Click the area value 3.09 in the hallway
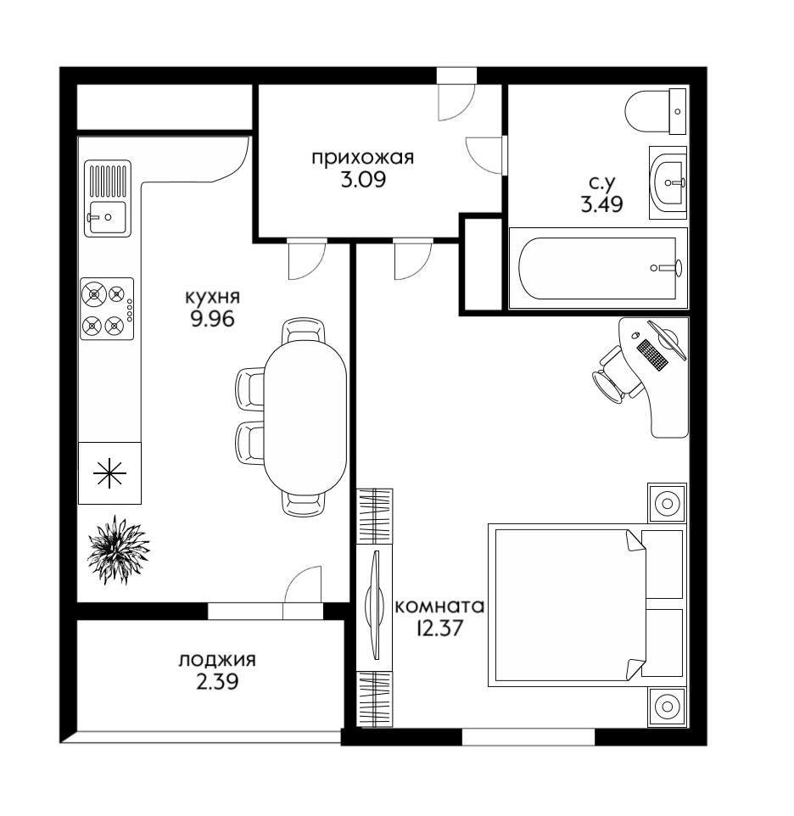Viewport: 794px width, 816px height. tap(363, 180)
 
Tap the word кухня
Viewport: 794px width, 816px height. tap(212, 297)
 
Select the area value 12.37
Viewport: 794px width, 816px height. tap(439, 629)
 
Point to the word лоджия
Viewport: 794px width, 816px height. tap(217, 660)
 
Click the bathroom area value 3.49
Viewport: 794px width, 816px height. tap(601, 204)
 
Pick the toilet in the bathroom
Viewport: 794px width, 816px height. tap(656, 111)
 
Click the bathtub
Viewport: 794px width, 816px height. tap(598, 268)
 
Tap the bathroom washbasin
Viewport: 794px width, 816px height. tap(668, 182)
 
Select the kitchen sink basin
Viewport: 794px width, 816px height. tap(107, 217)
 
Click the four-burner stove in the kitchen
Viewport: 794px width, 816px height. tap(107, 309)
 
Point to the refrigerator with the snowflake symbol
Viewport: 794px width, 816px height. tap(109, 473)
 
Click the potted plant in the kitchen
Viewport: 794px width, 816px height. tap(118, 549)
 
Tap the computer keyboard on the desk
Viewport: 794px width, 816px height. tap(652, 355)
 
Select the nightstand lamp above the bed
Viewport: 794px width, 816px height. tap(667, 503)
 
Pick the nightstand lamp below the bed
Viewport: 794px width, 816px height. tap(667, 707)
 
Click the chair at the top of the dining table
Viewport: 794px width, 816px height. tap(304, 329)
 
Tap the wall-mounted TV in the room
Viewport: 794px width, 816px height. tap(374, 606)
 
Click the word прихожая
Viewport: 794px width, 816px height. tap(363, 158)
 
